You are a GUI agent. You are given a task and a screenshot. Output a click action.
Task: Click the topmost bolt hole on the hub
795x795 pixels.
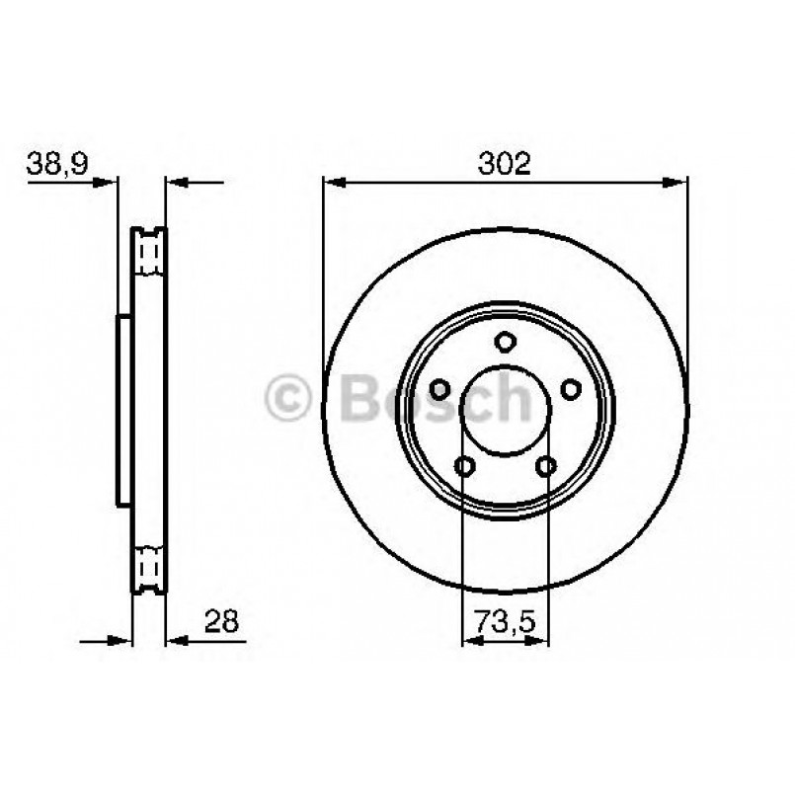506,343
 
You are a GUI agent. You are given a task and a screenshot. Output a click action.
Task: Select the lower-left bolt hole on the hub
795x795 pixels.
465,466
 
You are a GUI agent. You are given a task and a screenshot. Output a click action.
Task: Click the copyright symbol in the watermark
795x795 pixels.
289,399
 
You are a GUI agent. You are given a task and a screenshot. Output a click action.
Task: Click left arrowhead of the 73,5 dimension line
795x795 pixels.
470,641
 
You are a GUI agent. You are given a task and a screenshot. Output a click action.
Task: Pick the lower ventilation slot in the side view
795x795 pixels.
150,568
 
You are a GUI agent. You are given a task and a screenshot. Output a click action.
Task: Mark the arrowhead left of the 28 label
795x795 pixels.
174,641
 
